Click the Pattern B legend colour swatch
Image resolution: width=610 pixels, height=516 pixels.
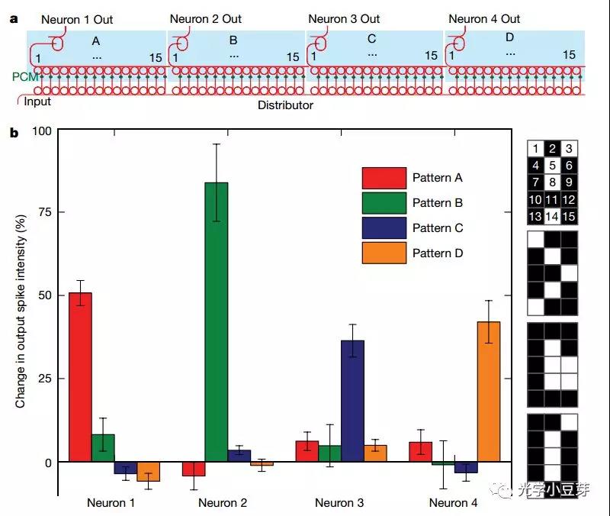(x=384, y=203)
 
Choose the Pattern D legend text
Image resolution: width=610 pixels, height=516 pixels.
(x=438, y=253)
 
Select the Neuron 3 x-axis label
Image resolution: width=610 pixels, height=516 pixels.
(x=339, y=503)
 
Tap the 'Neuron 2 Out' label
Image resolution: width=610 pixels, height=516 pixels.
(x=206, y=19)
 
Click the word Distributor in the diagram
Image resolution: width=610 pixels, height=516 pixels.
(x=285, y=105)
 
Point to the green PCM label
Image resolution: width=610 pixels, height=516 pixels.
(x=22, y=77)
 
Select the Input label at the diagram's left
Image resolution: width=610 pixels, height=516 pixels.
(x=37, y=101)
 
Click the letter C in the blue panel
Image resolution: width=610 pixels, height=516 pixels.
(x=372, y=39)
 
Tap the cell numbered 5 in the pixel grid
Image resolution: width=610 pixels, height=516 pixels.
(x=554, y=166)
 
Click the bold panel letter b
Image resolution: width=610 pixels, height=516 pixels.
(x=14, y=133)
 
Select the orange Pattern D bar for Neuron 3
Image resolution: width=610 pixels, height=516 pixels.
(x=375, y=453)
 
